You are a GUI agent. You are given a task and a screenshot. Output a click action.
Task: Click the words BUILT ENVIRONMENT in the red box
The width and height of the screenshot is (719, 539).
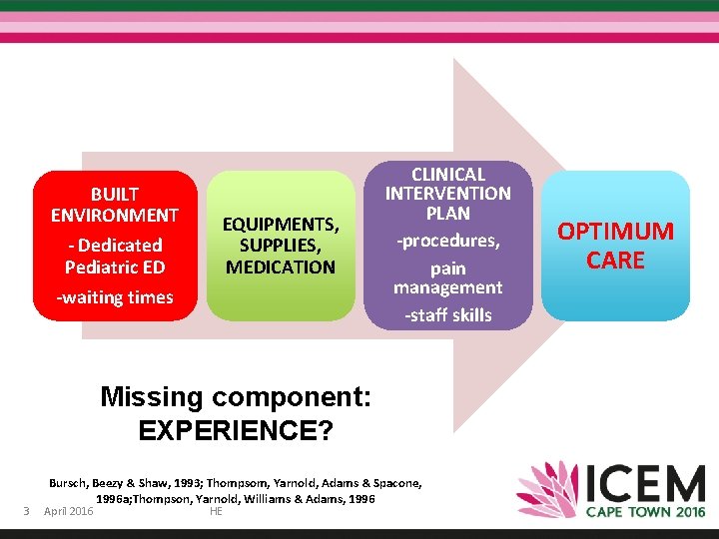click(x=115, y=204)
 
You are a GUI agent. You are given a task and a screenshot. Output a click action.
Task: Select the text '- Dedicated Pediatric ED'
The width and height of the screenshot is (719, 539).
click(x=115, y=256)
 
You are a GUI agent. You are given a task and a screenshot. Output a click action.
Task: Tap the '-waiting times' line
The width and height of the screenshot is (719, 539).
click(x=115, y=296)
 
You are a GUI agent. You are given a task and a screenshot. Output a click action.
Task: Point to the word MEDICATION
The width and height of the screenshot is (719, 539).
click(x=281, y=267)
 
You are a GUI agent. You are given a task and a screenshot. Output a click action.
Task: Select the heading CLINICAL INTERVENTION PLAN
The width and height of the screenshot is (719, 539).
click(x=447, y=194)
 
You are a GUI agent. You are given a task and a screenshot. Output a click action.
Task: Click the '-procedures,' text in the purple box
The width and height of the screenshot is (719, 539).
click(x=447, y=241)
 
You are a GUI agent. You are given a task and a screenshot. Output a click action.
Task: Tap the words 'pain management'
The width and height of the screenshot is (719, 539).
click(x=447, y=277)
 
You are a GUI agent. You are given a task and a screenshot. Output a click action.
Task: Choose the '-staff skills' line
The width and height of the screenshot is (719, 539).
click(x=447, y=314)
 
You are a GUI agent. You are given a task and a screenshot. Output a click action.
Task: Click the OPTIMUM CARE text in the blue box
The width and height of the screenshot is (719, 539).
click(x=615, y=246)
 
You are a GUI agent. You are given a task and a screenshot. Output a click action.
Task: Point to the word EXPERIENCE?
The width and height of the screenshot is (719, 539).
click(x=236, y=430)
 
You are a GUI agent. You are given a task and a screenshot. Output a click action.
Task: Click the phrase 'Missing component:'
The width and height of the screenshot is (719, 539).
click(x=236, y=397)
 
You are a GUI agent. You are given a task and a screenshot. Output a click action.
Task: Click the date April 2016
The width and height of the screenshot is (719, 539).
click(x=69, y=512)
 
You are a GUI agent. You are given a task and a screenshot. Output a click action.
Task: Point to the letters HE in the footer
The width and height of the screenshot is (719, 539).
click(x=216, y=512)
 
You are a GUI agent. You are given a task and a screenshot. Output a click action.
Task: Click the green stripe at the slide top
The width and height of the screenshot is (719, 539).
click(x=359, y=5)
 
